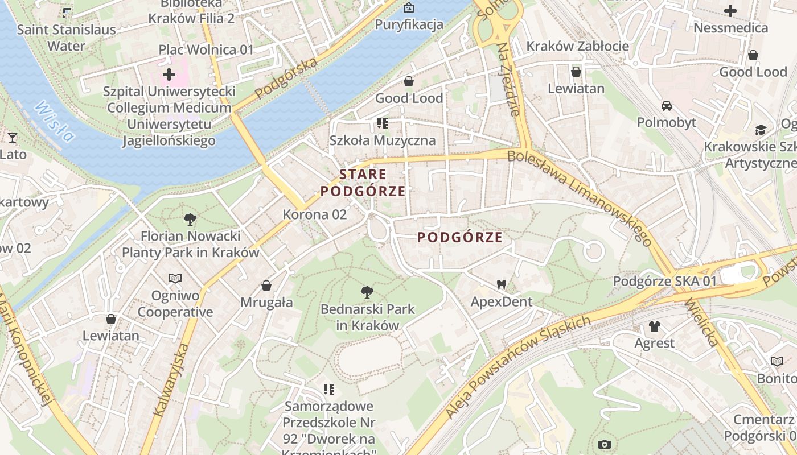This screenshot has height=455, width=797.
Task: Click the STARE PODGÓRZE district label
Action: tap(363, 183)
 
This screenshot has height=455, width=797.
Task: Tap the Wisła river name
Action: tap(55, 121)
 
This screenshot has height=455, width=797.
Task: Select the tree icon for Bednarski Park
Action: tap(367, 293)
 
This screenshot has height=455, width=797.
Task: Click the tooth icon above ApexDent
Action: tap(501, 284)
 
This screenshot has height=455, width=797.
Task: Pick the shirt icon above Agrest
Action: tap(654, 326)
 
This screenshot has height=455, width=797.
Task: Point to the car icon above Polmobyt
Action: tap(666, 106)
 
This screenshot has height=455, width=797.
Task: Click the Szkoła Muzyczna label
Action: tap(383, 140)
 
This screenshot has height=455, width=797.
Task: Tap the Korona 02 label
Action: tap(315, 214)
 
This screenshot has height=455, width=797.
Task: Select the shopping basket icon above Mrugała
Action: tap(266, 286)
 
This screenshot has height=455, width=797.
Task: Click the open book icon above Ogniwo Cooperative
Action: tap(175, 279)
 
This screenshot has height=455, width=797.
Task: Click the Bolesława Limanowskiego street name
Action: tap(579, 197)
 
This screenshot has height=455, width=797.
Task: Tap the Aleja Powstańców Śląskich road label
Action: tap(517, 367)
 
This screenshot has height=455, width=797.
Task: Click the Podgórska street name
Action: tap(286, 78)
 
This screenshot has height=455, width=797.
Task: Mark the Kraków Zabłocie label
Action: tap(577, 46)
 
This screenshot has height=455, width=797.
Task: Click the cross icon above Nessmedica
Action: tap(730, 11)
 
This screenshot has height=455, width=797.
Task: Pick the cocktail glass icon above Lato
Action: tap(12, 137)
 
